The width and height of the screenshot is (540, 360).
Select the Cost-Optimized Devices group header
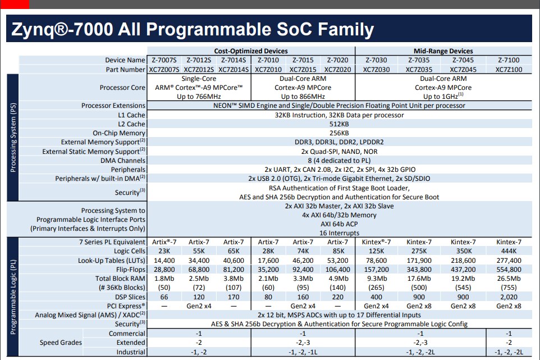(251, 51)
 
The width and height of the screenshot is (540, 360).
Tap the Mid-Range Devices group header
(443, 51)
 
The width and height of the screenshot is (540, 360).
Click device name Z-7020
(337, 60)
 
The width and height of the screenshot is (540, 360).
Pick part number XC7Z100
(509, 70)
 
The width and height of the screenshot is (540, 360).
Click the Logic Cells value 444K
(509, 251)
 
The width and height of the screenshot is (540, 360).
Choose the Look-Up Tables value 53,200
(337, 261)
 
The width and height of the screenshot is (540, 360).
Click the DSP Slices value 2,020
(509, 297)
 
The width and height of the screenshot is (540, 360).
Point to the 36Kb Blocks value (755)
(509, 288)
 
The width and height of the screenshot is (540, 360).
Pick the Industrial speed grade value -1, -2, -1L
(303, 352)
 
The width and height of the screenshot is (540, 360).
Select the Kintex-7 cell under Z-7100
(509, 242)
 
